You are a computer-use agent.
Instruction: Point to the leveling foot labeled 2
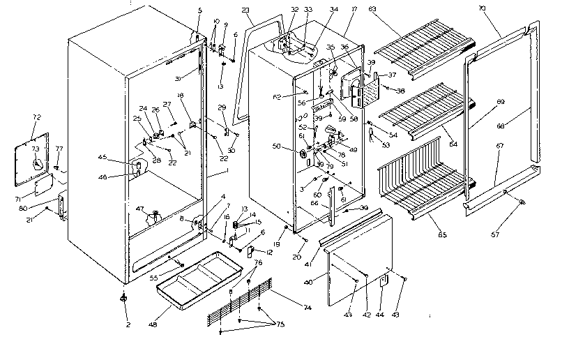[123, 299]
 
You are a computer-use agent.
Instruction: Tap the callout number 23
[245, 10]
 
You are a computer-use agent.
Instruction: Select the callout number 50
[278, 147]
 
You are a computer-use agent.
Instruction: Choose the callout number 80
[43, 207]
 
